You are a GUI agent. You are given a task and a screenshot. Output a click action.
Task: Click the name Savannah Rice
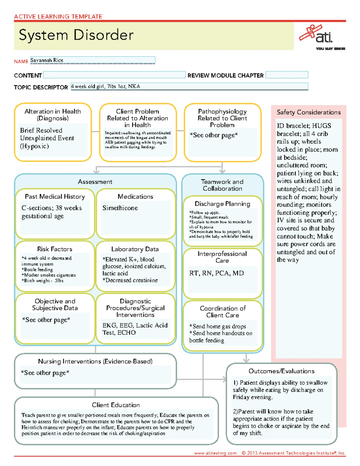[x=47, y=60]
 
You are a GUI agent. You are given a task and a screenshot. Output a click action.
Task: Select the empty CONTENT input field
[x=114, y=75]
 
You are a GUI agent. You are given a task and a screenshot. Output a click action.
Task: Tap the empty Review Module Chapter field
[x=286, y=75]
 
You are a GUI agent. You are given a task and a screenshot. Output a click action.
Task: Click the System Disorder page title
[x=76, y=35]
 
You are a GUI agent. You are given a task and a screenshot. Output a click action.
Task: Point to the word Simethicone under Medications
[x=120, y=208]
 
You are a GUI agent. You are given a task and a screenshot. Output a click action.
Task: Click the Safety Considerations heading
[x=308, y=112]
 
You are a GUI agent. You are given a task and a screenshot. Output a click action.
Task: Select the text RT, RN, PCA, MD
[x=216, y=273]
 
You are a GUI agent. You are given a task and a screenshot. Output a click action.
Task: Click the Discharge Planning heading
[x=222, y=204]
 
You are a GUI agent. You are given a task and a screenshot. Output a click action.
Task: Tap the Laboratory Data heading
[x=135, y=249]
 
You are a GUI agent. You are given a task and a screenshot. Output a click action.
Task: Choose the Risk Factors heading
[x=55, y=249]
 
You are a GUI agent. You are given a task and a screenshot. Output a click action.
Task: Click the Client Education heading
[x=116, y=405]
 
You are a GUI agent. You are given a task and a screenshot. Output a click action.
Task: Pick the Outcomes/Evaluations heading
[x=281, y=371]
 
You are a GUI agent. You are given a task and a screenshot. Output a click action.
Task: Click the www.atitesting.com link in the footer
[x=215, y=453]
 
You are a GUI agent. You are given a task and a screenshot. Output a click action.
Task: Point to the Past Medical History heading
[x=55, y=197]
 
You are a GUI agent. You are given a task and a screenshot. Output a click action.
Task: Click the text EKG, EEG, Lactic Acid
[x=135, y=325]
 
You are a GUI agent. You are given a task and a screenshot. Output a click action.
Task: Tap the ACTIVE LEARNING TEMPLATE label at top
[x=58, y=17]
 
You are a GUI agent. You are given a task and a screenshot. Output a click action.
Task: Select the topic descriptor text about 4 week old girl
[x=105, y=86]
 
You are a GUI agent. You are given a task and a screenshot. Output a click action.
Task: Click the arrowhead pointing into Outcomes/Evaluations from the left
[x=224, y=379]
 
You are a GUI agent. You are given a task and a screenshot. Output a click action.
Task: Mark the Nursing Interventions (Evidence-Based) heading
[x=95, y=361]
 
